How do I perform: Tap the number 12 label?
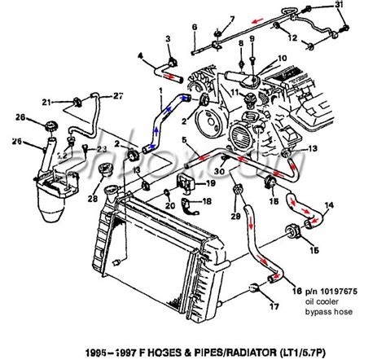(x=314, y=37)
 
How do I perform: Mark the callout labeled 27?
(x=118, y=96)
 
